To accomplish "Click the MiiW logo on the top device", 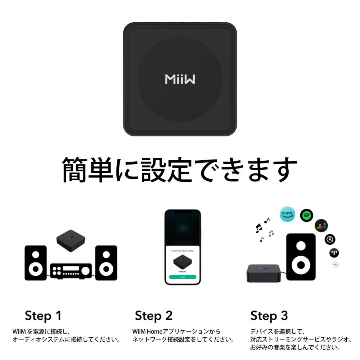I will click(180, 79).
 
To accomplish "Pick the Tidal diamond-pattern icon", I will click(335, 252).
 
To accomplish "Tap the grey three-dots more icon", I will click(336, 265).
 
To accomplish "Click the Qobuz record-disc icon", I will click(330, 239).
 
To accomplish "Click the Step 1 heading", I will click(43, 316).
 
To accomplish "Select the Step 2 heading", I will click(154, 316).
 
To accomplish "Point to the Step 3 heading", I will click(269, 316).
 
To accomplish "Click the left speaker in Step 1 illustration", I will click(36, 263).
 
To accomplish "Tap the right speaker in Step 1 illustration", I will click(106, 263).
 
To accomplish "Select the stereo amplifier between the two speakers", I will click(71, 270).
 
